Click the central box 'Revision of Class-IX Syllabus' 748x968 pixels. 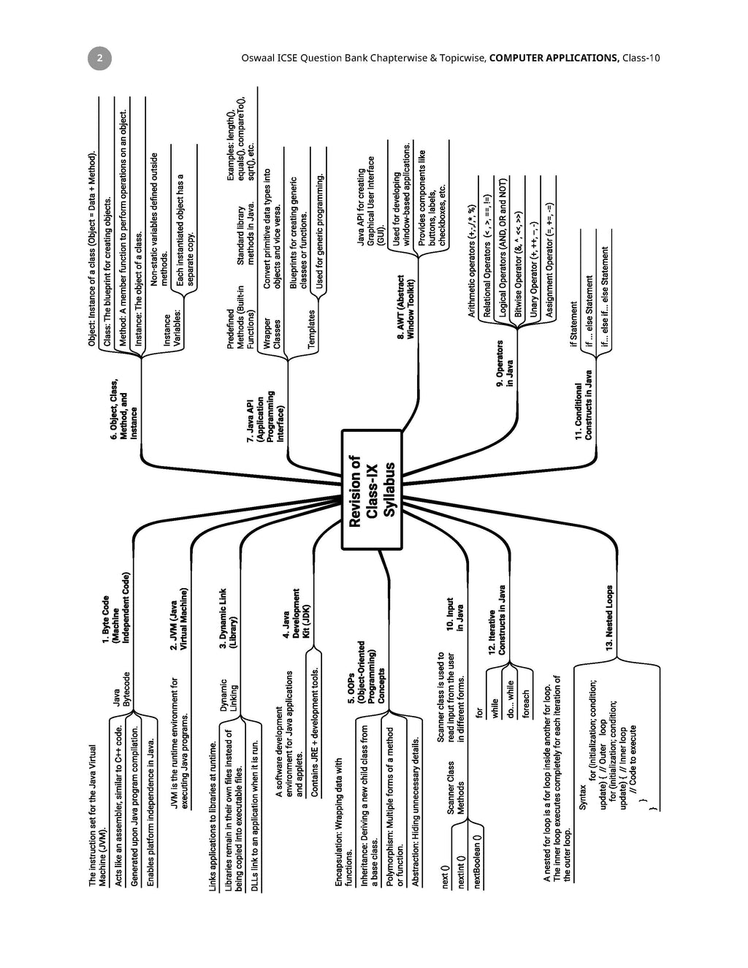pyautogui.click(x=372, y=489)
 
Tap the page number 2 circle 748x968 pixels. pyautogui.click(x=100, y=58)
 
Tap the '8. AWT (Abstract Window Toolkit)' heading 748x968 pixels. pyautogui.click(x=405, y=307)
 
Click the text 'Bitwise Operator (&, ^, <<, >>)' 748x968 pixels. pyautogui.click(x=518, y=264)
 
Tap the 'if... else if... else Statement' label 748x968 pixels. pyautogui.click(x=605, y=297)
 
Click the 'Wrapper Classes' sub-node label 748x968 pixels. pyautogui.click(x=272, y=333)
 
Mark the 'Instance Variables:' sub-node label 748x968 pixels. pyautogui.click(x=172, y=330)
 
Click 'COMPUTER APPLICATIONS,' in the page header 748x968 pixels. pyautogui.click(x=554, y=58)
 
